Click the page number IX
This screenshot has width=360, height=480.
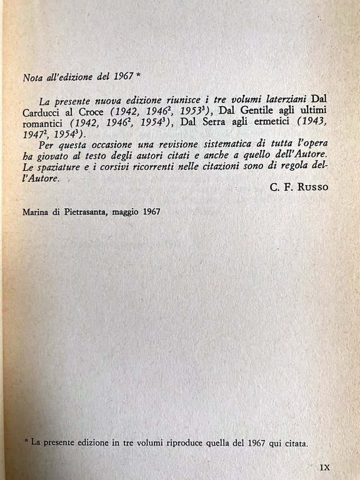325,467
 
